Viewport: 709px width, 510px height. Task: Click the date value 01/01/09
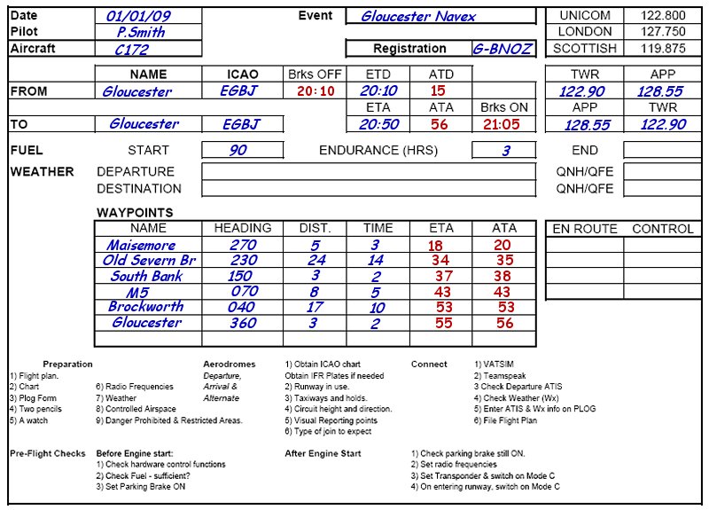[x=138, y=16]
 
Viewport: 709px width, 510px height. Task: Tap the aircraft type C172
[x=132, y=50]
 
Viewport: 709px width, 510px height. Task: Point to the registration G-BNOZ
[x=502, y=49]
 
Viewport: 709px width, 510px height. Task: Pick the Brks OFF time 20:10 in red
[x=316, y=91]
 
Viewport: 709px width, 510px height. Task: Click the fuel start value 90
[x=238, y=151]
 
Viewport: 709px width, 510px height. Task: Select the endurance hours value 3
[x=505, y=151]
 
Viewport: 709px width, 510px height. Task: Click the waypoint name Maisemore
[x=141, y=245]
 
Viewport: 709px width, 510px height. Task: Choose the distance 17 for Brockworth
[x=315, y=308]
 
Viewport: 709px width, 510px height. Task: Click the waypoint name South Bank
[x=146, y=276]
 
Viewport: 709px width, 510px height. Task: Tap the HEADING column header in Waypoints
[x=243, y=228]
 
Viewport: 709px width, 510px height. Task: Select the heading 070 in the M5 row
[x=245, y=292]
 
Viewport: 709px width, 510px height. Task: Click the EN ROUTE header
[x=584, y=229]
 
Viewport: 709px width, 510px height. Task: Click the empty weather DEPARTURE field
[x=369, y=171]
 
